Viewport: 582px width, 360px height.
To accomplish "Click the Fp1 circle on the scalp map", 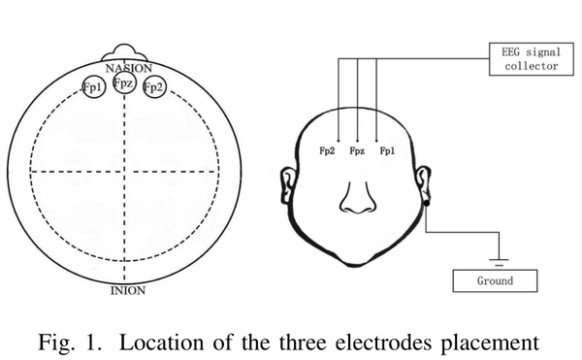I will pyautogui.click(x=94, y=87).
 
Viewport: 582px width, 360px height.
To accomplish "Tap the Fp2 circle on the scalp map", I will pyautogui.click(x=152, y=87).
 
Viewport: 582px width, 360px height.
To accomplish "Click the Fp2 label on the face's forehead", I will pyautogui.click(x=328, y=151).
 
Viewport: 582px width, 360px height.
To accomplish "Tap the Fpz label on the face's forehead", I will pyautogui.click(x=359, y=151).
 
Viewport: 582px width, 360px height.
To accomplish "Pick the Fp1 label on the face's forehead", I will pyautogui.click(x=388, y=151).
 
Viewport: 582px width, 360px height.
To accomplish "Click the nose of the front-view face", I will pyautogui.click(x=358, y=200).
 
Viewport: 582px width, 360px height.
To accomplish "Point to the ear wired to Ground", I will pyautogui.click(x=425, y=185).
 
